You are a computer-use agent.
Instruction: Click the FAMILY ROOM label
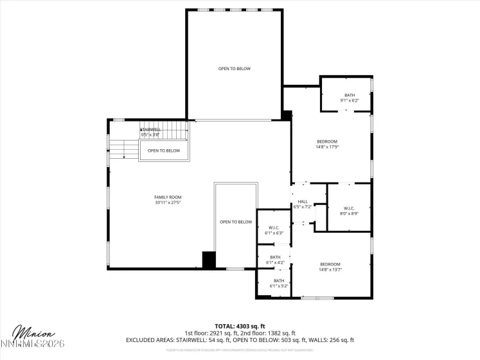click(168, 197)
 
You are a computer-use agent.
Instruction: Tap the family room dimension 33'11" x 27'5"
click(168, 203)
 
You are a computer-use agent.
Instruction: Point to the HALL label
click(303, 201)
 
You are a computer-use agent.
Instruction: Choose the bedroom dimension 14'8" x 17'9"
click(326, 147)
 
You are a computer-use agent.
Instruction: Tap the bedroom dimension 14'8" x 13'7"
click(330, 269)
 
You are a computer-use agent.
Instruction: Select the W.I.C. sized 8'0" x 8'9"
click(349, 210)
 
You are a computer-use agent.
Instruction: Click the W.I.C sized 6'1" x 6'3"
click(273, 230)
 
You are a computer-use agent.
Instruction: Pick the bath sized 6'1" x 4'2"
click(274, 260)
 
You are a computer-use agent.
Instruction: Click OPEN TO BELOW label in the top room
click(234, 69)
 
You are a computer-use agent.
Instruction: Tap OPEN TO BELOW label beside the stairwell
click(164, 151)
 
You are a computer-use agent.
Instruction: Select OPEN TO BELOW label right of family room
click(236, 222)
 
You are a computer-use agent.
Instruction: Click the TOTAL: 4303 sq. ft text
click(240, 327)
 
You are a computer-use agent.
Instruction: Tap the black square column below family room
click(208, 259)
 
